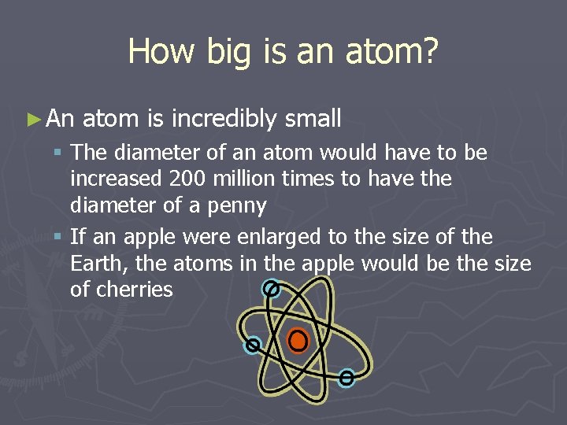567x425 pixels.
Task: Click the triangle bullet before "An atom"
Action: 32,120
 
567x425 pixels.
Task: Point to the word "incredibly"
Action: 224,119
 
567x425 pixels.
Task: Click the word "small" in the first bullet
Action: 313,119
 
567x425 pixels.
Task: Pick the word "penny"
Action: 238,205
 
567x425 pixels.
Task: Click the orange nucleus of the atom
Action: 298,341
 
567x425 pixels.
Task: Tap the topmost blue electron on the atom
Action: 272,290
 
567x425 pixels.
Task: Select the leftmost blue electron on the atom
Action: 253,345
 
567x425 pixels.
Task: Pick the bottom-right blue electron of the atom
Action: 346,379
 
